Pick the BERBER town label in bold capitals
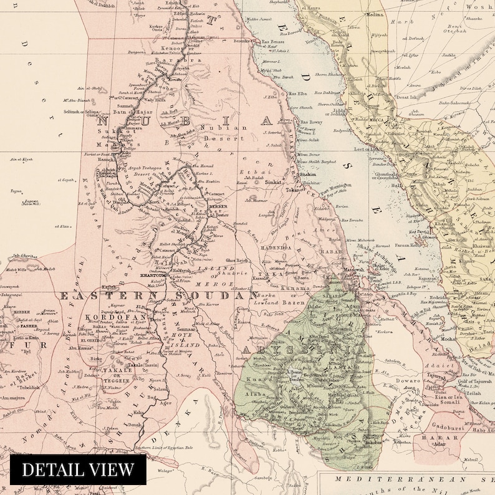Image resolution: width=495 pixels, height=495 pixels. tap(218, 205)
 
